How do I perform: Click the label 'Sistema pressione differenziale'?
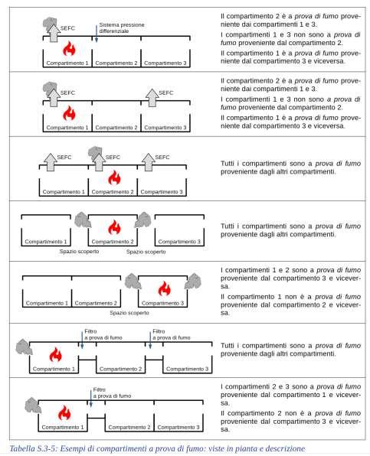pyautogui.click(x=122, y=28)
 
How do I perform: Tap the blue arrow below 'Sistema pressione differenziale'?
pyautogui.click(x=96, y=34)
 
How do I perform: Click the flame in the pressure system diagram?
pyautogui.click(x=69, y=48)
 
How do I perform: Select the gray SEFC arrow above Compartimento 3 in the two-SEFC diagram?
pyautogui.click(x=152, y=98)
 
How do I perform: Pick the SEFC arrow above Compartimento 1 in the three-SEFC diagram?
pyautogui.click(x=51, y=162)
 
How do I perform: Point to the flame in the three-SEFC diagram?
pyautogui.click(x=114, y=178)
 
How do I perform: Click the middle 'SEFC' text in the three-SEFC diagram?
pyautogui.click(x=113, y=158)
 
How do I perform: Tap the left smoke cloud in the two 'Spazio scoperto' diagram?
pyautogui.click(x=83, y=220)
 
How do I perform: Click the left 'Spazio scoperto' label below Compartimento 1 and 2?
pyautogui.click(x=79, y=251)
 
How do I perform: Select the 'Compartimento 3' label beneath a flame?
pyautogui.click(x=162, y=303)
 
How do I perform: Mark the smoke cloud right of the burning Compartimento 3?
pyautogui.click(x=193, y=282)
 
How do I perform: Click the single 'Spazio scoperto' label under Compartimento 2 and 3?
pyautogui.click(x=129, y=313)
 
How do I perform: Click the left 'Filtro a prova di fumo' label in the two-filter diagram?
pyautogui.click(x=103, y=334)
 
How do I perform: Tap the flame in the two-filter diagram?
pyautogui.click(x=55, y=354)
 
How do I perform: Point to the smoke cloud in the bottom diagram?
pyautogui.click(x=33, y=406)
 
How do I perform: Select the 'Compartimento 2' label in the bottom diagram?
pyautogui.click(x=129, y=427)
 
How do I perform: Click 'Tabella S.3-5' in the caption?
pyautogui.click(x=33, y=448)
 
